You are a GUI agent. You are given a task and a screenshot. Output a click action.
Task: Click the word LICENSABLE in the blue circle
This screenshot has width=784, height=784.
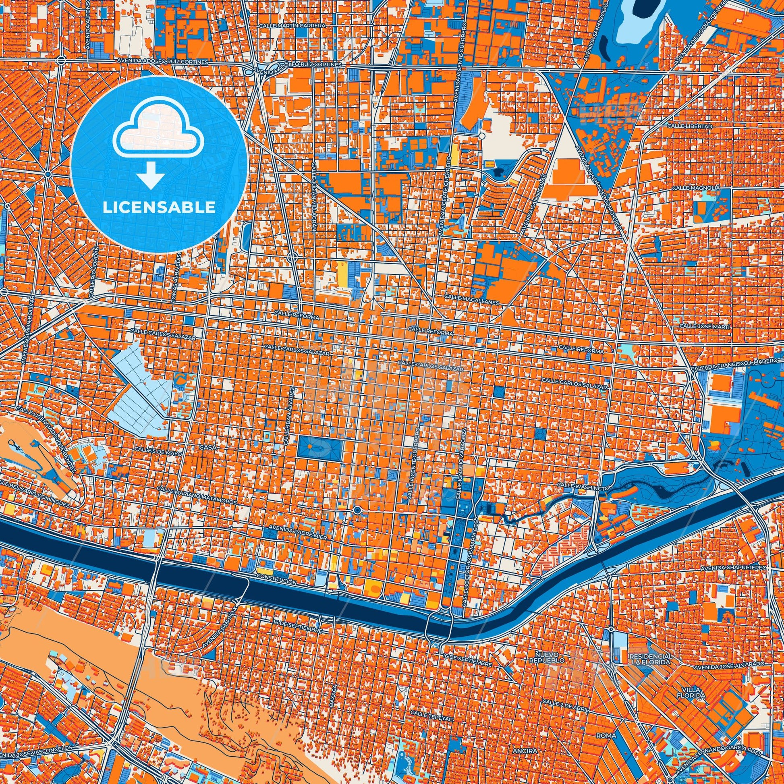point(159,208)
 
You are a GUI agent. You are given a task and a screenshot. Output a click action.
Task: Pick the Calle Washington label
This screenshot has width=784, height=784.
point(584,486)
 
